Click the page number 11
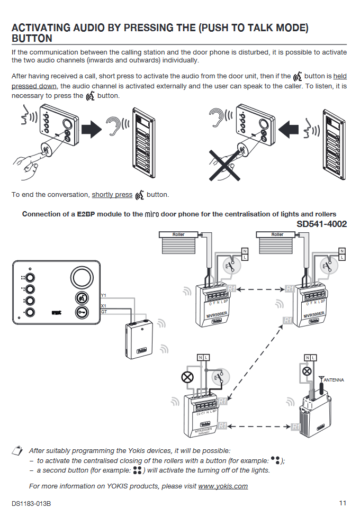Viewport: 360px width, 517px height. [x=343, y=503]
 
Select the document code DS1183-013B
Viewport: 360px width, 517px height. [x=35, y=503]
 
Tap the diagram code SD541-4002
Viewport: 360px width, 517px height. [x=321, y=224]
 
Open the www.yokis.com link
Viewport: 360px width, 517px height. [x=223, y=486]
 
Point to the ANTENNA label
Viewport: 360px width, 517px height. [x=334, y=380]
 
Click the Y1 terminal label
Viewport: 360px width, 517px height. [x=103, y=294]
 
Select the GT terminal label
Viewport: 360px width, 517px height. [x=104, y=312]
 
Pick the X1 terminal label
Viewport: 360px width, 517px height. [x=103, y=306]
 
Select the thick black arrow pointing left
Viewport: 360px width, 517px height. [x=289, y=128]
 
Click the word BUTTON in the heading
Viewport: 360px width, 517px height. [x=32, y=39]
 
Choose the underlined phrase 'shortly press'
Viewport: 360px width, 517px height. [x=112, y=195]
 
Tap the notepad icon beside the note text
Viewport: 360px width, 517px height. [x=18, y=450]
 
